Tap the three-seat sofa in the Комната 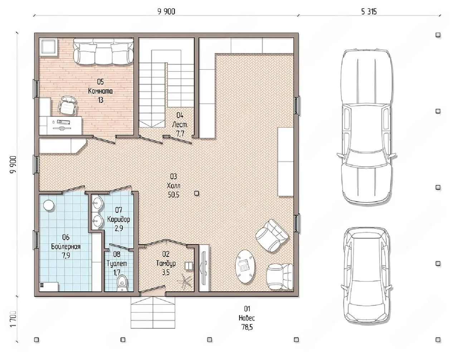103,51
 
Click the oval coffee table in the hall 245,266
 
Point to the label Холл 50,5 174,186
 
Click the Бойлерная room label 66,246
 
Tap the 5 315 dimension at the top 369,12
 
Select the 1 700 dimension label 13,319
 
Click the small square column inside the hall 197,193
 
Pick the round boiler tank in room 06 49,205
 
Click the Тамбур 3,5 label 166,263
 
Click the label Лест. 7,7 180,124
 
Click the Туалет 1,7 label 117,263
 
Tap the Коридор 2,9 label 118,219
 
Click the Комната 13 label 101,91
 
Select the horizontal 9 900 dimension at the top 166,11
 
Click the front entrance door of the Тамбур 153,290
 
